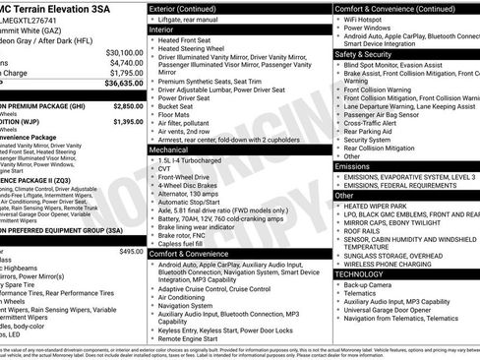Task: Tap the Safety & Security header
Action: click(370, 54)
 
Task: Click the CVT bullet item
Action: click(164, 169)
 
